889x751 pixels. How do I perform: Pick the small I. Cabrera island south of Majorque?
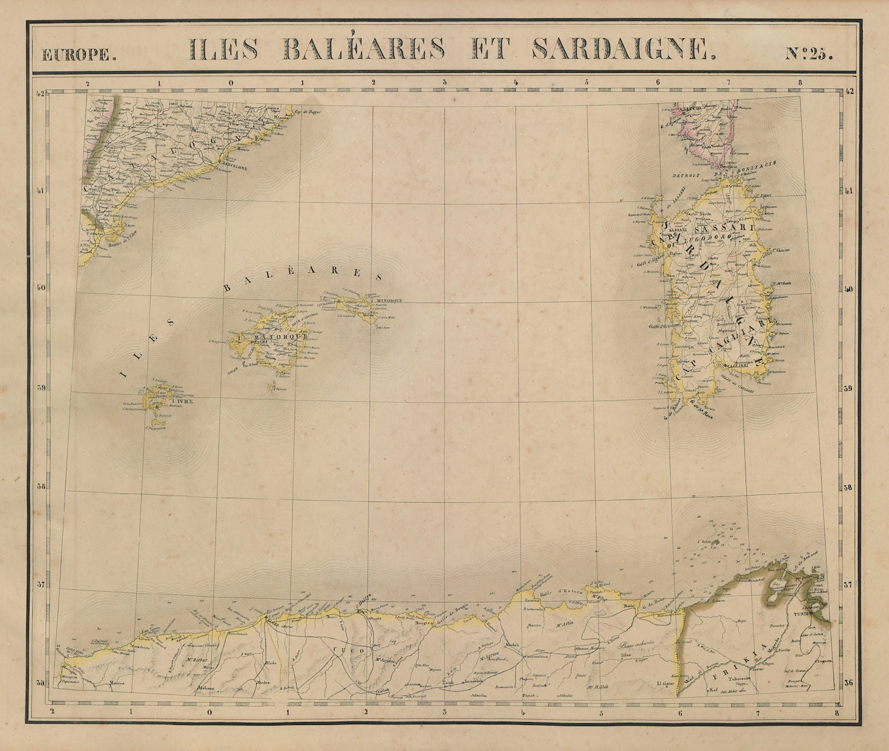(x=272, y=388)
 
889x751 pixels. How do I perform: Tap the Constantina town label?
(x=533, y=657)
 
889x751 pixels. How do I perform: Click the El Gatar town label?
(x=665, y=683)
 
